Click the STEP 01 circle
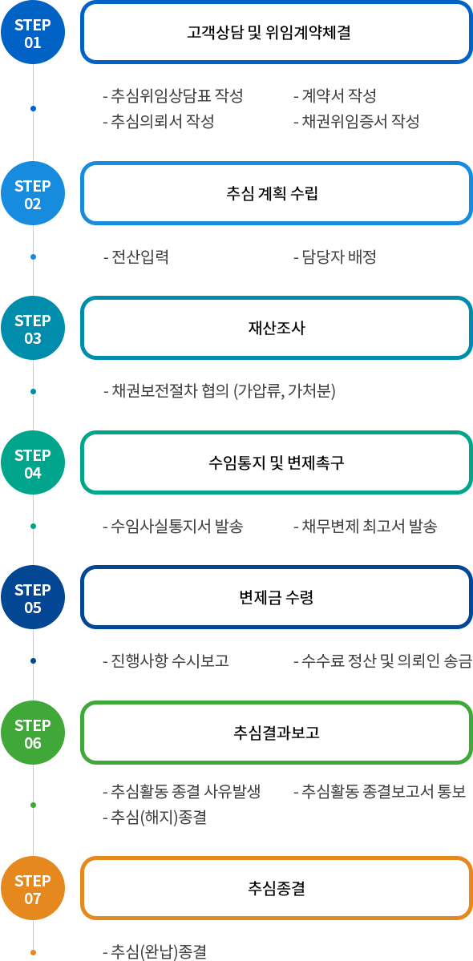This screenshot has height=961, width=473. pyautogui.click(x=33, y=33)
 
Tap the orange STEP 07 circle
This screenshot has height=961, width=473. pyautogui.click(x=33, y=889)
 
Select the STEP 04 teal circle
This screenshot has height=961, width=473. pyautogui.click(x=33, y=462)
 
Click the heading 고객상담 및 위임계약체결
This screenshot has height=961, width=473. pyautogui.click(x=269, y=33)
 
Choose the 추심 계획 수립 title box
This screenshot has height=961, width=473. pyautogui.click(x=277, y=193)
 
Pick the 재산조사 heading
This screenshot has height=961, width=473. pyautogui.click(x=277, y=328)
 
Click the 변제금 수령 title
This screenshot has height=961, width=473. pyautogui.click(x=277, y=598)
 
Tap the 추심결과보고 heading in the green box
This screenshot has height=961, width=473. pyautogui.click(x=277, y=733)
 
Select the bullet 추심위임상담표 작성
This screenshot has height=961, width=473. pyautogui.click(x=173, y=95)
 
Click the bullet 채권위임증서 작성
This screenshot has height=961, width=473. pyautogui.click(x=357, y=121)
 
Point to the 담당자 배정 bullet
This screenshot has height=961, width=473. pyautogui.click(x=334, y=256)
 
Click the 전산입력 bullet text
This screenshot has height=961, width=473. pyautogui.click(x=136, y=256)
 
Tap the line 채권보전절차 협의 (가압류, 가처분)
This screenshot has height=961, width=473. pyautogui.click(x=220, y=392)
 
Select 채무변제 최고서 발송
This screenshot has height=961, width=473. pyautogui.click(x=365, y=527)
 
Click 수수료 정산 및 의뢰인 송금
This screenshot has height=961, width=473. pyautogui.click(x=383, y=661)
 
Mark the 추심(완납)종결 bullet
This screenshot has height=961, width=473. pyautogui.click(x=155, y=952)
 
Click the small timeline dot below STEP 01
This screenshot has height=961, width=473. pyautogui.click(x=33, y=108)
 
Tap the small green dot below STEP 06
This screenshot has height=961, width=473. pyautogui.click(x=33, y=805)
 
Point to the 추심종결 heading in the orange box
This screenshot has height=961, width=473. pyautogui.click(x=277, y=888)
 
